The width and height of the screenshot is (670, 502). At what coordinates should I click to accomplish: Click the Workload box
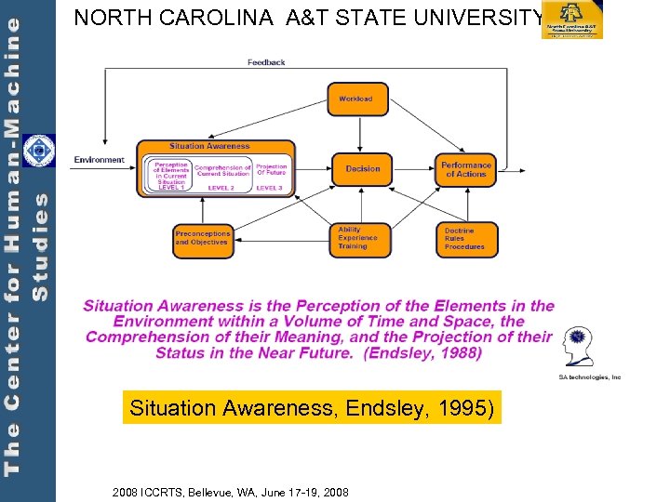(x=357, y=99)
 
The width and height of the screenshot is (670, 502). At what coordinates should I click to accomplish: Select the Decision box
(x=363, y=168)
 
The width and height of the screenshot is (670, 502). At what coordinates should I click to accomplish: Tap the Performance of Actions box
(x=466, y=169)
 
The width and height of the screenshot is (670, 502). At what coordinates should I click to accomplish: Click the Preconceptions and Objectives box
(x=202, y=238)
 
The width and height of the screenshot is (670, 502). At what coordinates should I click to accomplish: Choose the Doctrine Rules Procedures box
(x=466, y=239)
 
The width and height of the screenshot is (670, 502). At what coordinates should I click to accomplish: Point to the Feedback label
(x=266, y=62)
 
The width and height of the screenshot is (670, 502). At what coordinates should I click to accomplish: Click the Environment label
(x=100, y=160)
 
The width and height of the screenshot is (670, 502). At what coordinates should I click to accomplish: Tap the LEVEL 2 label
(x=221, y=188)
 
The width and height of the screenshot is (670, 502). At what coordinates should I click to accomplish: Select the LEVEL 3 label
(x=269, y=188)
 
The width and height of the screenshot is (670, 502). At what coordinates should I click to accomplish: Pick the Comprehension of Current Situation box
(x=223, y=170)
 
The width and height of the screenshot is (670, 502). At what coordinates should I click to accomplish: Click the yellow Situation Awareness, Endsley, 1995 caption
(x=312, y=407)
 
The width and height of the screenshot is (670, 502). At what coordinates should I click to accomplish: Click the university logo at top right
(x=572, y=20)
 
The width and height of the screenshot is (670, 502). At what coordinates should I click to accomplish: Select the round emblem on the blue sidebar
(x=38, y=151)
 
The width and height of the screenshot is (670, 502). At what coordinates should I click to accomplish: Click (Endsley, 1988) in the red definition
(x=423, y=353)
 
